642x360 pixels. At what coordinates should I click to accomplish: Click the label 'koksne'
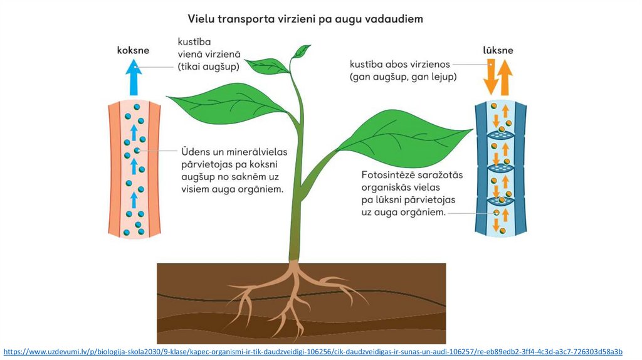(x=132, y=50)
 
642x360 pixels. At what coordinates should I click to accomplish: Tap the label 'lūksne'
(x=498, y=50)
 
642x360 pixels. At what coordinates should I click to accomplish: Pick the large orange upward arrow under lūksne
(x=505, y=76)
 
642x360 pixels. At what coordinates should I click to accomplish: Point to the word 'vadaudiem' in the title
(x=392, y=19)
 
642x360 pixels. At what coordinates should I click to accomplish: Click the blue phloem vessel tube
(x=500, y=169)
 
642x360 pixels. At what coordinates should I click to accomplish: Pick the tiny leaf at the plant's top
(x=302, y=50)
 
